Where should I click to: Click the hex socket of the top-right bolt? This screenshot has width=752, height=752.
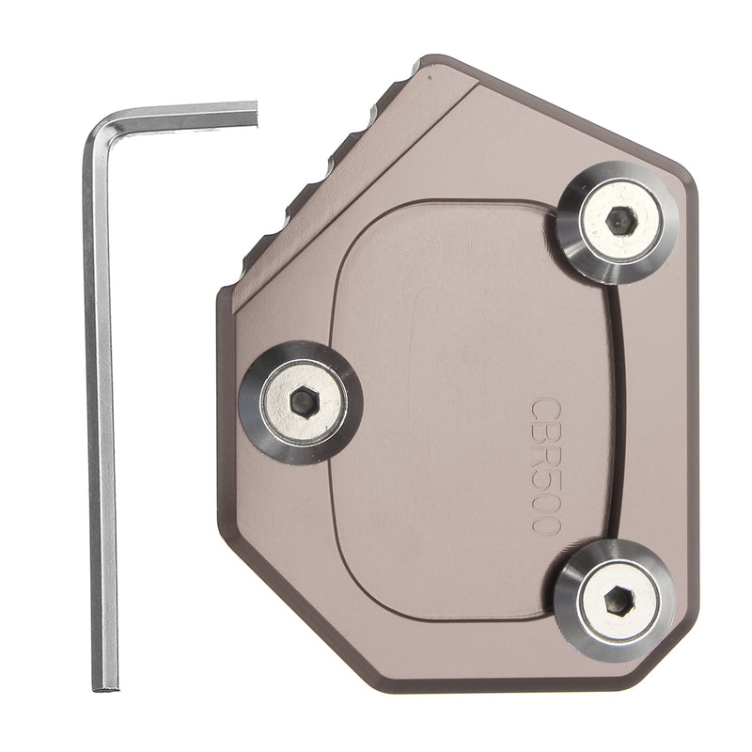(621, 221)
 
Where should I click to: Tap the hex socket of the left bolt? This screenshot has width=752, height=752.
(305, 401)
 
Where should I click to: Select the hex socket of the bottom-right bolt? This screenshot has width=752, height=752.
(619, 601)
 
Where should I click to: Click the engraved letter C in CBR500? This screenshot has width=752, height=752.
(546, 409)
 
